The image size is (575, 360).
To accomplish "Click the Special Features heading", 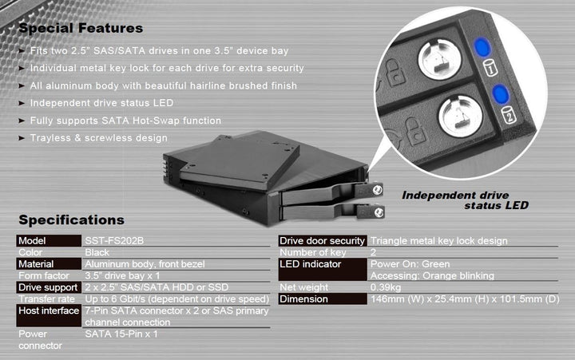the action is coord(81,29).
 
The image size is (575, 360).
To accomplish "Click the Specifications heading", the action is coord(72,220).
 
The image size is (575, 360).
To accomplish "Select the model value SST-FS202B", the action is coord(114,241).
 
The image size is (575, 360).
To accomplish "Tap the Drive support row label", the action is coord(48,287).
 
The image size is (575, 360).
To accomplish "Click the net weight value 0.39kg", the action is coord(386,287).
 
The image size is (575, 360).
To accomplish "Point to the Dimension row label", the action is coord(303,299).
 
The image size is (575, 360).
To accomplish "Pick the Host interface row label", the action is coord(49,311).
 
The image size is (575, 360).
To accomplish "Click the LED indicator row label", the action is coord(310,264).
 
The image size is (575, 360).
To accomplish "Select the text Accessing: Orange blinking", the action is coord(432,275).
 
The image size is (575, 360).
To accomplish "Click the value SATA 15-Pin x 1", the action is coord(121,334).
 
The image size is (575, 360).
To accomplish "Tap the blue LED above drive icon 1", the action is coord(482,47).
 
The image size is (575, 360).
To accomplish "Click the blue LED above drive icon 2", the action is coord(500,94).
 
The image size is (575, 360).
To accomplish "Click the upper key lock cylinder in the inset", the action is coord(439,60).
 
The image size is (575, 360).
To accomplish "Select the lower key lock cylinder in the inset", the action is coord(460,117).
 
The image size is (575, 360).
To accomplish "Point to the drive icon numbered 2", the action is coord(509,116).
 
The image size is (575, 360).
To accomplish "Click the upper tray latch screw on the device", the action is coord(377,190).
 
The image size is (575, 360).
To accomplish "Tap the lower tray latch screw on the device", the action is coord(379,212).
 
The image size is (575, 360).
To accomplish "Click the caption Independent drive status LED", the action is coord(465,200).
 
